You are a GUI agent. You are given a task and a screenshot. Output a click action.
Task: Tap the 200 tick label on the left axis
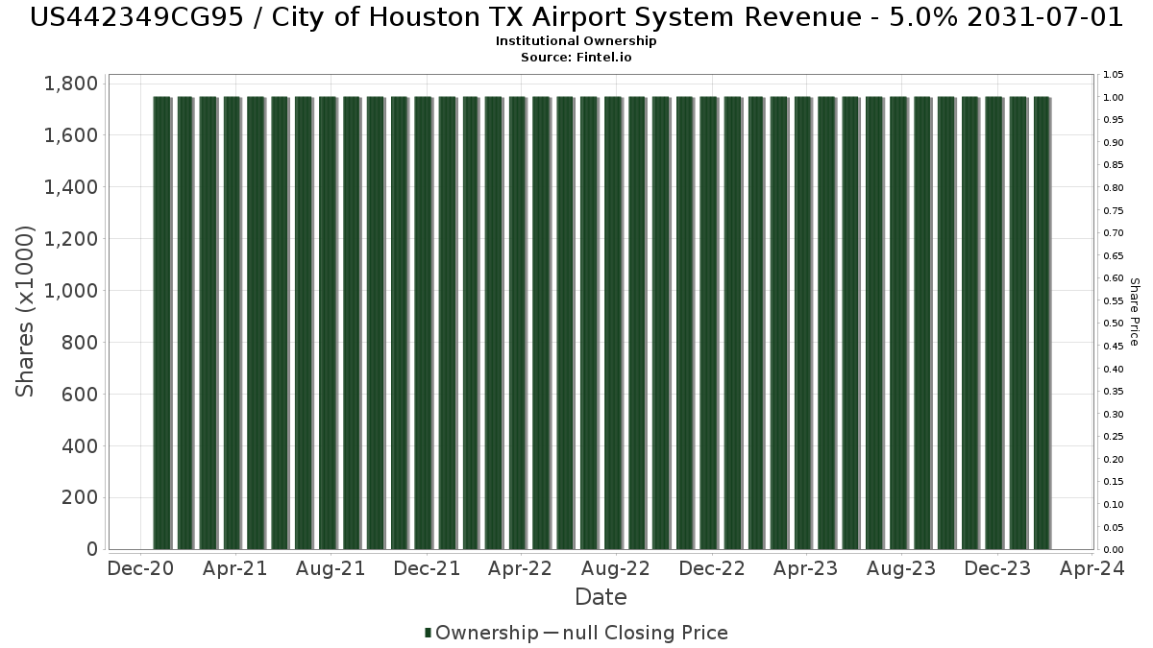[x=80, y=497]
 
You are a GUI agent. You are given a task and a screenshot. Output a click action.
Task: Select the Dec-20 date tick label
[x=140, y=568]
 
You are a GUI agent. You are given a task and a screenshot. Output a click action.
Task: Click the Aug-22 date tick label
[x=616, y=568]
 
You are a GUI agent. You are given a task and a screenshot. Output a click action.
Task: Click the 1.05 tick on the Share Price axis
[x=1114, y=75]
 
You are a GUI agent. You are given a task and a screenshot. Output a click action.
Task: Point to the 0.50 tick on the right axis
[x=1114, y=324]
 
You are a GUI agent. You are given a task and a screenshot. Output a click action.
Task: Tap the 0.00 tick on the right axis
[x=1114, y=550]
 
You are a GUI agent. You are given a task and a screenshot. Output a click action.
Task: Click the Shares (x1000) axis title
[x=26, y=311]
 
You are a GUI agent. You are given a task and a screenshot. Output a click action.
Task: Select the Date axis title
[x=601, y=597]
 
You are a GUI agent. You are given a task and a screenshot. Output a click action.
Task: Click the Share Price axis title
[x=1134, y=311]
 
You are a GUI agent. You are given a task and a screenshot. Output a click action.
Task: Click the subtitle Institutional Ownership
[x=576, y=41]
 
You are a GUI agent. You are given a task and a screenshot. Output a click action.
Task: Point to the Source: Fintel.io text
[x=576, y=58]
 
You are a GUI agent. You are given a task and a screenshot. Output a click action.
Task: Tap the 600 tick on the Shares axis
[x=80, y=395]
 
